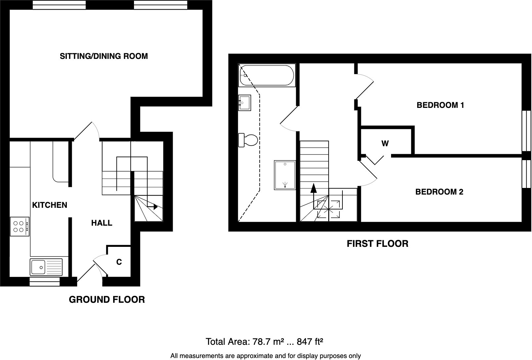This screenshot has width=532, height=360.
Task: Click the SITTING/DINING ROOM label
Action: [x=104, y=56]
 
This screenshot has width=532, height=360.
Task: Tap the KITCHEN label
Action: [x=50, y=205]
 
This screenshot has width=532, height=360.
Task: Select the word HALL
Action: [x=102, y=223]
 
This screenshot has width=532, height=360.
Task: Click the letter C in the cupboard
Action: [x=119, y=262]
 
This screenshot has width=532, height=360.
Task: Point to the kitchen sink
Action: [x=46, y=267]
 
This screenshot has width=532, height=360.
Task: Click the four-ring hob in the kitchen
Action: [x=20, y=226]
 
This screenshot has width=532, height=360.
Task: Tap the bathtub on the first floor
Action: [x=266, y=76]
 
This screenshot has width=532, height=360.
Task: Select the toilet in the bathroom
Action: [x=248, y=140]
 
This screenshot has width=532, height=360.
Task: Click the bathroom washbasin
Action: [x=244, y=102]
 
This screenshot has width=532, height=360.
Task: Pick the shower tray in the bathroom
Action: [x=285, y=175]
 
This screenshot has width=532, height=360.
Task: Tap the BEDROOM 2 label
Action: [x=439, y=192]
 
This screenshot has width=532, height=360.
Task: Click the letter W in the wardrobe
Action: [x=385, y=144]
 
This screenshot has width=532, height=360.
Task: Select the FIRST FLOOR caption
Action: [x=377, y=244]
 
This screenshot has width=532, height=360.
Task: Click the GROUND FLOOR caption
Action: [x=107, y=300]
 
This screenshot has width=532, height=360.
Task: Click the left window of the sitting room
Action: [x=59, y=5]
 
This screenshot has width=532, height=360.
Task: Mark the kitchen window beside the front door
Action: [x=45, y=282]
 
